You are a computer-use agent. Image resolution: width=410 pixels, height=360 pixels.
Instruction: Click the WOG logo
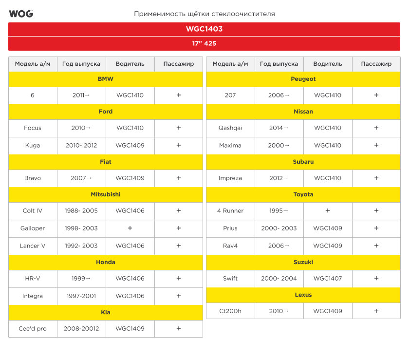21,14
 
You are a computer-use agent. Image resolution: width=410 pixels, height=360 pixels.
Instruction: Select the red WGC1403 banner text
204,29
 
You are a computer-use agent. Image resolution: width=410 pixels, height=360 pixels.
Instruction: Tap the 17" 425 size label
204,43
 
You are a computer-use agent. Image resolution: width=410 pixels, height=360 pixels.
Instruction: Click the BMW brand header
106,79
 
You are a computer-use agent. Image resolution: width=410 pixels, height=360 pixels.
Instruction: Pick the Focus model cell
33,128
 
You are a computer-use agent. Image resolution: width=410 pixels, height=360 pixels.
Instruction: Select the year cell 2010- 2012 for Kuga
81,146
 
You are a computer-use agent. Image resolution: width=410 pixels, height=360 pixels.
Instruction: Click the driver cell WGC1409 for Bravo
130,178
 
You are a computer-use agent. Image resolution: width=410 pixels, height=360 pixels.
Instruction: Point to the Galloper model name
33,228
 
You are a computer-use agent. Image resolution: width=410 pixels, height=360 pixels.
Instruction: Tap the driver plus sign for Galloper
130,228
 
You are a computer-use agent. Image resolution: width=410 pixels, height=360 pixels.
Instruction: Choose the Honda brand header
106,262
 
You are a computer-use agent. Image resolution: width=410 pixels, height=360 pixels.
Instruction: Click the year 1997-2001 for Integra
81,296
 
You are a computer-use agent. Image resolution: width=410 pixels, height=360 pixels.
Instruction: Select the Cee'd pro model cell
33,329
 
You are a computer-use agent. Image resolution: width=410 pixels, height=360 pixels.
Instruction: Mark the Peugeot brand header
303,79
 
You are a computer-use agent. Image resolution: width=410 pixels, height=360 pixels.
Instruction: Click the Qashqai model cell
230,128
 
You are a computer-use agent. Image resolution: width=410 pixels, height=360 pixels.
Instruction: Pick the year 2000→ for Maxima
279,146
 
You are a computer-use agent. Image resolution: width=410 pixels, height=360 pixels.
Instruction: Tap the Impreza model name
230,178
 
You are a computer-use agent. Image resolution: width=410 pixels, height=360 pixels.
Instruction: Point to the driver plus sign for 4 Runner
328,210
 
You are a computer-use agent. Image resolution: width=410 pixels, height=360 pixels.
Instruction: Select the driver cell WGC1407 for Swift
328,279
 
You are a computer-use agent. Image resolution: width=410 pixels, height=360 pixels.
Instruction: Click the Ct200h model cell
230,311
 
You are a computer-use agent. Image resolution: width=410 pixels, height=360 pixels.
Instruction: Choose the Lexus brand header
303,295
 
